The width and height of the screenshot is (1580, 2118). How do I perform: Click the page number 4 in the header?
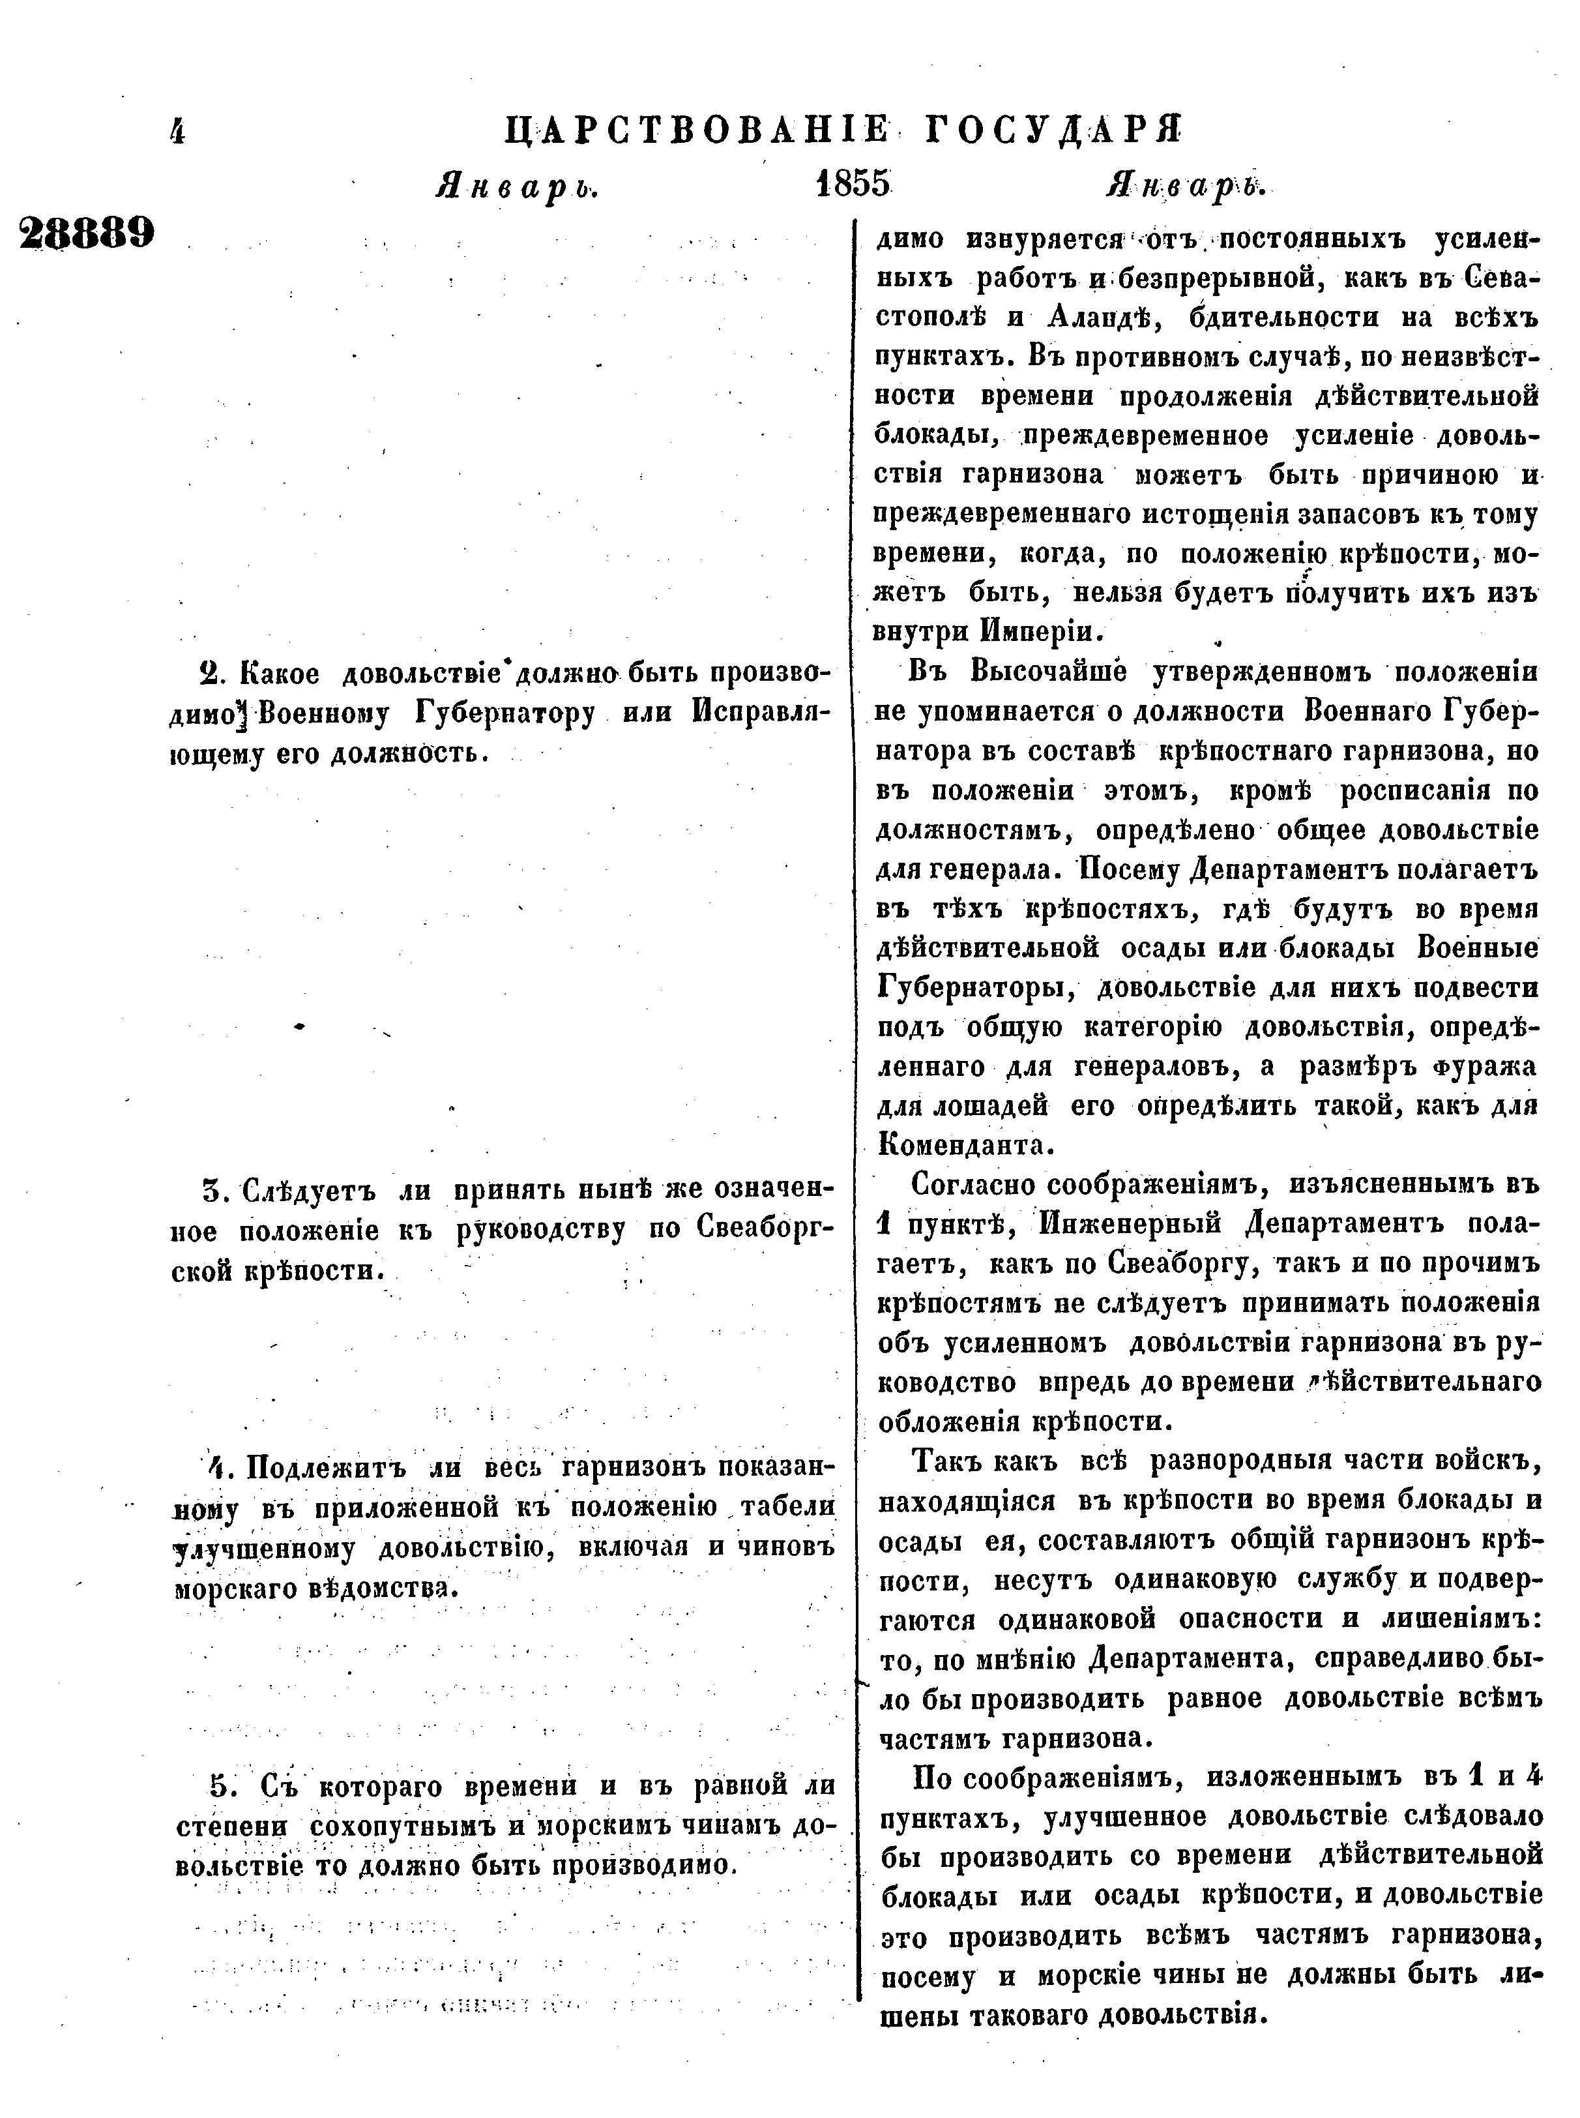pos(177,131)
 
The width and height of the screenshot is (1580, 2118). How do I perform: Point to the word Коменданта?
pos(965,1145)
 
